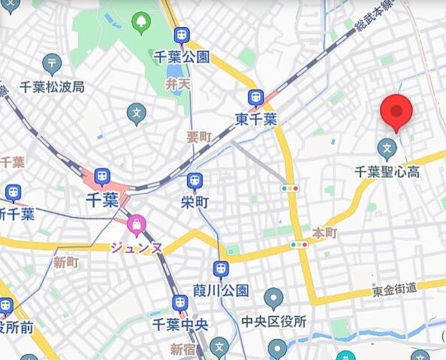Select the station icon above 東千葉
pyautogui.click(x=255, y=97)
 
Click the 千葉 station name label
pyautogui.click(x=102, y=200)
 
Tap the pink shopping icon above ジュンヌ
pyautogui.click(x=137, y=223)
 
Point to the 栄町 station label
pyautogui.click(x=194, y=201)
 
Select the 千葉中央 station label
pyautogui.click(x=179, y=324)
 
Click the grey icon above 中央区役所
pyautogui.click(x=273, y=300)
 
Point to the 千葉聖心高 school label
pyautogui.click(x=387, y=170)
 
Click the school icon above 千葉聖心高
pyautogui.click(x=388, y=147)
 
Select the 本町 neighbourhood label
pyautogui.click(x=324, y=233)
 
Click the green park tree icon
pyautogui.click(x=140, y=22)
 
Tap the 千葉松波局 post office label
pyautogui.click(x=52, y=85)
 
